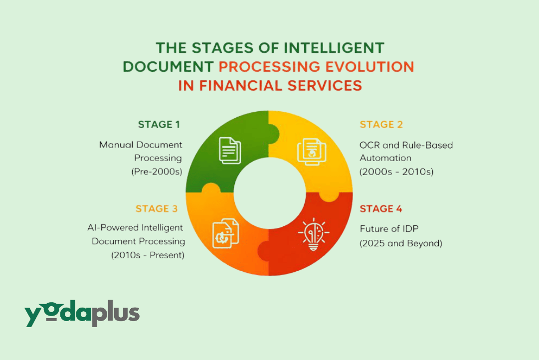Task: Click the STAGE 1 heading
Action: (159, 125)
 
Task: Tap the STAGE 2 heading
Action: (381, 125)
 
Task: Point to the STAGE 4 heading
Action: (381, 209)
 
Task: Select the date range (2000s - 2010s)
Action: (396, 172)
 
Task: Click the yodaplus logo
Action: (82, 315)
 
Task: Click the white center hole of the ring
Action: (269, 193)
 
